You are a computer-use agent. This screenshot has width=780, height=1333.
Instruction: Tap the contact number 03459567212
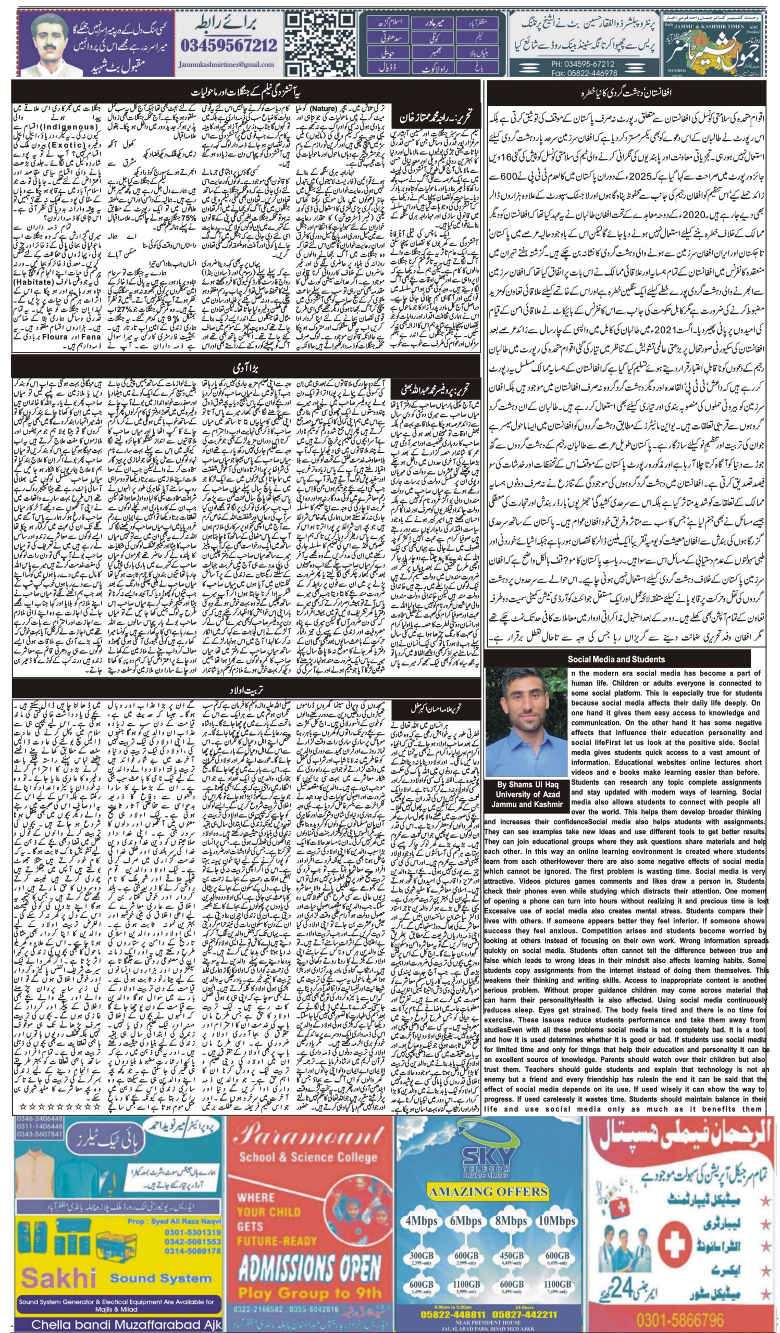[229, 45]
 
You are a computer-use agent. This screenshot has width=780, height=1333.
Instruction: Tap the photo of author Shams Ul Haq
[526, 722]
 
